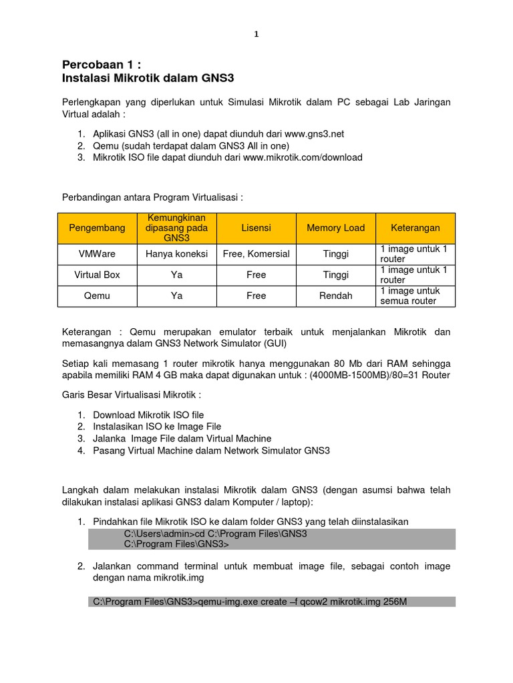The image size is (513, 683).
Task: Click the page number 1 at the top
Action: [x=256, y=35]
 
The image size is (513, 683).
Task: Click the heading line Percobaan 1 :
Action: [x=102, y=65]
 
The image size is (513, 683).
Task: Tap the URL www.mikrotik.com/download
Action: [x=303, y=157]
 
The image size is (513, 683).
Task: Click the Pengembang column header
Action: [x=97, y=228]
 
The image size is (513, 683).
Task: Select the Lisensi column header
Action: [x=256, y=228]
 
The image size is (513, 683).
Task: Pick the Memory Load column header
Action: [x=335, y=228]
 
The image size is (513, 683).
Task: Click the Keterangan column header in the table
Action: [x=415, y=228]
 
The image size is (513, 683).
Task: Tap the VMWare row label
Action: [x=97, y=254]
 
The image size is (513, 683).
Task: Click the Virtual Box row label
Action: [x=97, y=275]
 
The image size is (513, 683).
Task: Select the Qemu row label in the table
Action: [x=97, y=295]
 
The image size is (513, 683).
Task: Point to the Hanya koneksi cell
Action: [x=176, y=254]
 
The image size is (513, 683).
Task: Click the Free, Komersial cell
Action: [x=256, y=254]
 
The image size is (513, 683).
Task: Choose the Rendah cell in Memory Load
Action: [x=335, y=295]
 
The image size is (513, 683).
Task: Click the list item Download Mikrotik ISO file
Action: [x=148, y=415]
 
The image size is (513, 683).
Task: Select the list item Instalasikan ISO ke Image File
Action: [x=157, y=426]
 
